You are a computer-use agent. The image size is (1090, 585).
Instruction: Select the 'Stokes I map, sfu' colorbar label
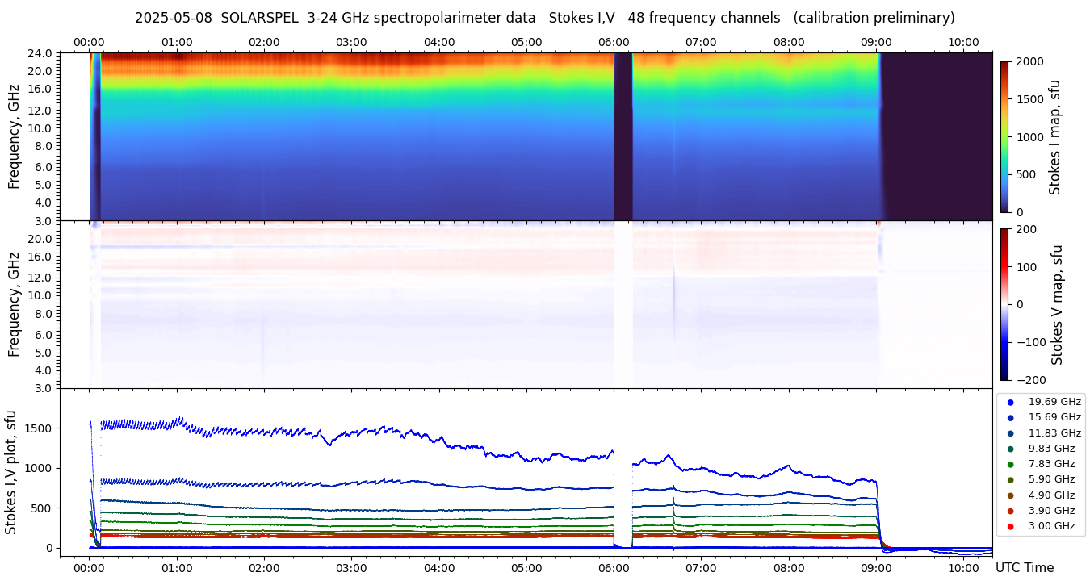pos(1055,137)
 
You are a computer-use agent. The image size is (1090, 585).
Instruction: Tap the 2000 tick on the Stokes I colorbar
pos(1029,61)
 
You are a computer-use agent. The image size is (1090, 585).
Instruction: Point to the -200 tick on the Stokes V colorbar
pos(1030,380)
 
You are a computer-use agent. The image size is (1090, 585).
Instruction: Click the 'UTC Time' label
pos(1024,568)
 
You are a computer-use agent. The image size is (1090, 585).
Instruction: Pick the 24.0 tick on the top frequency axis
pos(41,54)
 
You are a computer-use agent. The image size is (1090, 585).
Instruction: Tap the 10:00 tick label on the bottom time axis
pos(963,568)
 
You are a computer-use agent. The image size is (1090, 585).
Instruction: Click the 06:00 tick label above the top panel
pos(614,42)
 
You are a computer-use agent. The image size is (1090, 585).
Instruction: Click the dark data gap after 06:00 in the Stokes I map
pos(623,137)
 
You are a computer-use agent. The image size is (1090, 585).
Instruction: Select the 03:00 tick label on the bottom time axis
pos(351,568)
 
